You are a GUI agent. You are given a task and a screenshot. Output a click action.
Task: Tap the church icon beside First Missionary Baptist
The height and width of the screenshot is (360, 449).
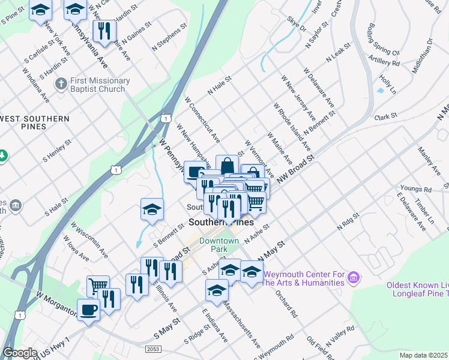pos(60,84)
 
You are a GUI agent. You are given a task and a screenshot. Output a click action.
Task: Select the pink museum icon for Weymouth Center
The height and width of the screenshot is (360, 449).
pos(354,277)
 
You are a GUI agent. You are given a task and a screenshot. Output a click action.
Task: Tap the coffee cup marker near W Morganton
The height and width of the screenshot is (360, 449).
pos(89,310)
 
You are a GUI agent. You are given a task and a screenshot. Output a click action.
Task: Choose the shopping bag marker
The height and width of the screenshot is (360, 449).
pos(227,166)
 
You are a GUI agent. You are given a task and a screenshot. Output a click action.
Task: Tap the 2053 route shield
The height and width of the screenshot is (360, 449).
pos(153,349)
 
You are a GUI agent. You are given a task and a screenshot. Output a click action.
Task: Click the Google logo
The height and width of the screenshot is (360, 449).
pos(20,353)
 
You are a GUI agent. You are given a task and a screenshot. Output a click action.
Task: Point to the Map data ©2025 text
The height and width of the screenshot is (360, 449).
pos(423,355)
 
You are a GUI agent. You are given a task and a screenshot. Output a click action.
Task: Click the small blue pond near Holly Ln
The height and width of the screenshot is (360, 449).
pos(380,91)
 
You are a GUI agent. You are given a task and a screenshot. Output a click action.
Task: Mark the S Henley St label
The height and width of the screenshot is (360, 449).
pos(57,152)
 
